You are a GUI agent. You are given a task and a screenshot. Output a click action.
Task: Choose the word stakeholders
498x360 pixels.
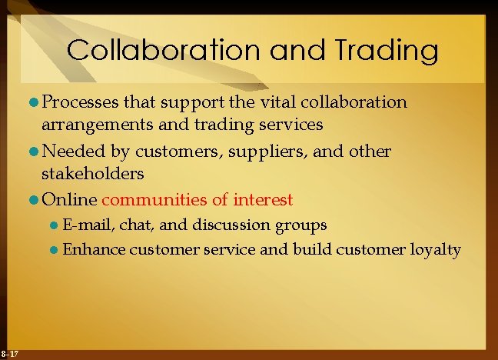(x=93, y=173)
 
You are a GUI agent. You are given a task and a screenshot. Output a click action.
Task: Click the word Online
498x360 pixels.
(x=69, y=200)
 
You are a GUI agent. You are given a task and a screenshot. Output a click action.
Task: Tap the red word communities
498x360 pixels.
(x=154, y=200)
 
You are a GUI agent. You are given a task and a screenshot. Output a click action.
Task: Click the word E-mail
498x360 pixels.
(x=85, y=225)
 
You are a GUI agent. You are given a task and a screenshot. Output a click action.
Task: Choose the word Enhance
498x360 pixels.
(x=94, y=249)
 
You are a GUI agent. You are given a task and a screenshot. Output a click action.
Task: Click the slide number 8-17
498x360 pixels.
(x=11, y=353)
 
